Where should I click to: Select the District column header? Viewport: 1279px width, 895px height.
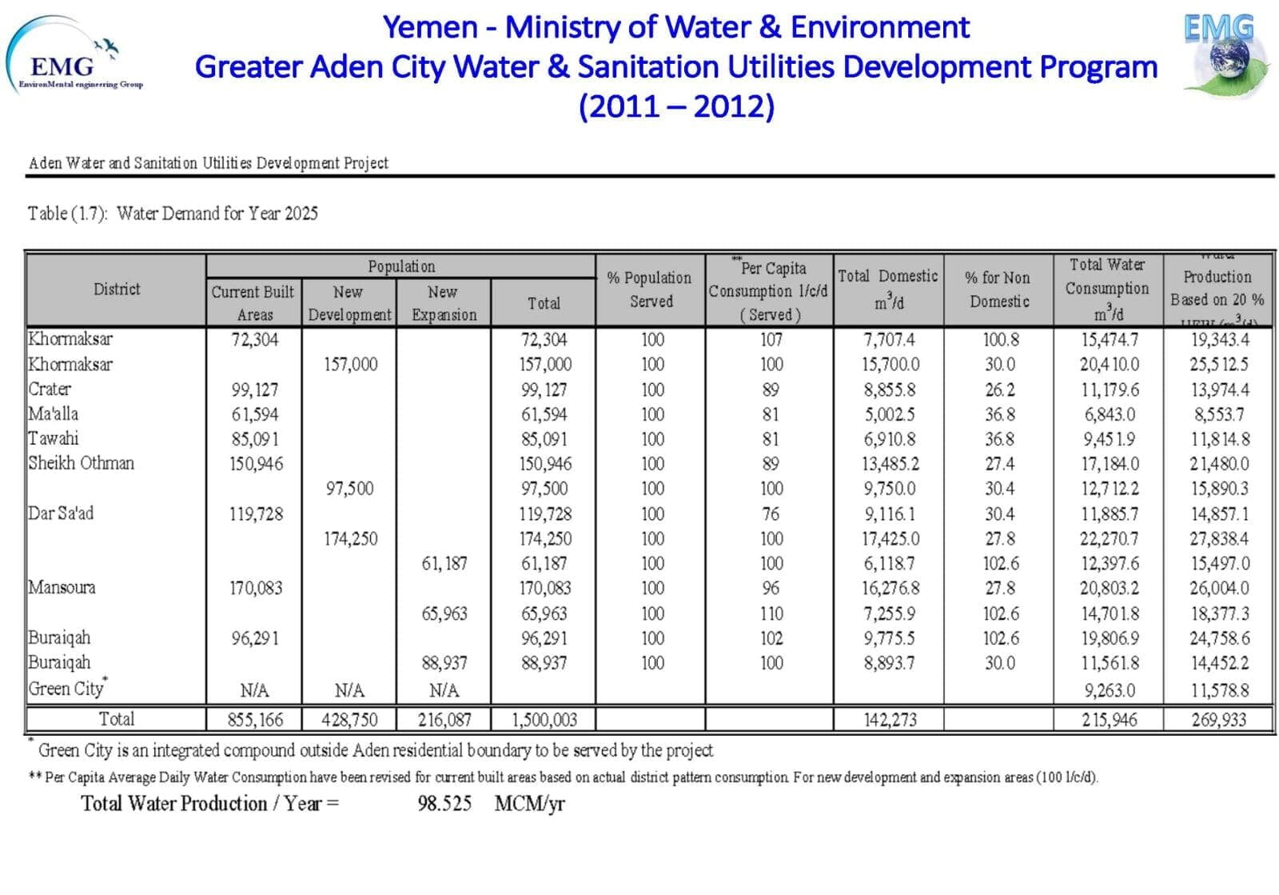(117, 290)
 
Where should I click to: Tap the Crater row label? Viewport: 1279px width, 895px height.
(50, 390)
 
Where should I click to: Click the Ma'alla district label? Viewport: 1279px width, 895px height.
(54, 414)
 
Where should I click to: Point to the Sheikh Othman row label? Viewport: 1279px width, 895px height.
(82, 464)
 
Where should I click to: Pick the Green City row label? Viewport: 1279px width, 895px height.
(67, 689)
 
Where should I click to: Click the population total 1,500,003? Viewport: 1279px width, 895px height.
(544, 720)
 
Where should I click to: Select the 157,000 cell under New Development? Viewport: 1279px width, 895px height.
(350, 365)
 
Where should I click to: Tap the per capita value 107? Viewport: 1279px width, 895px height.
(771, 340)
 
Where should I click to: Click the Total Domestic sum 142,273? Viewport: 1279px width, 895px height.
(890, 720)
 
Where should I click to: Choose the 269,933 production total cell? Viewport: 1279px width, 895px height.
(1218, 720)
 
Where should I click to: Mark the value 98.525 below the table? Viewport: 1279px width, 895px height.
(444, 804)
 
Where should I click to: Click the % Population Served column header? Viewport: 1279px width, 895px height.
(650, 290)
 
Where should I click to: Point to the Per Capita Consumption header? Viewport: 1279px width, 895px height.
(769, 290)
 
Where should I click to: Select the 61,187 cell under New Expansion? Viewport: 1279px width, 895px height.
(444, 564)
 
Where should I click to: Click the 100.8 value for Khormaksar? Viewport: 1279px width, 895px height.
(1000, 340)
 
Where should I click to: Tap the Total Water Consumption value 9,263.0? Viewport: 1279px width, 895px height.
(1109, 690)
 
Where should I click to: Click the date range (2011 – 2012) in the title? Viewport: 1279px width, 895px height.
(676, 106)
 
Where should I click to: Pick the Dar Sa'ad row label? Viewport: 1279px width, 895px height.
(61, 513)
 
